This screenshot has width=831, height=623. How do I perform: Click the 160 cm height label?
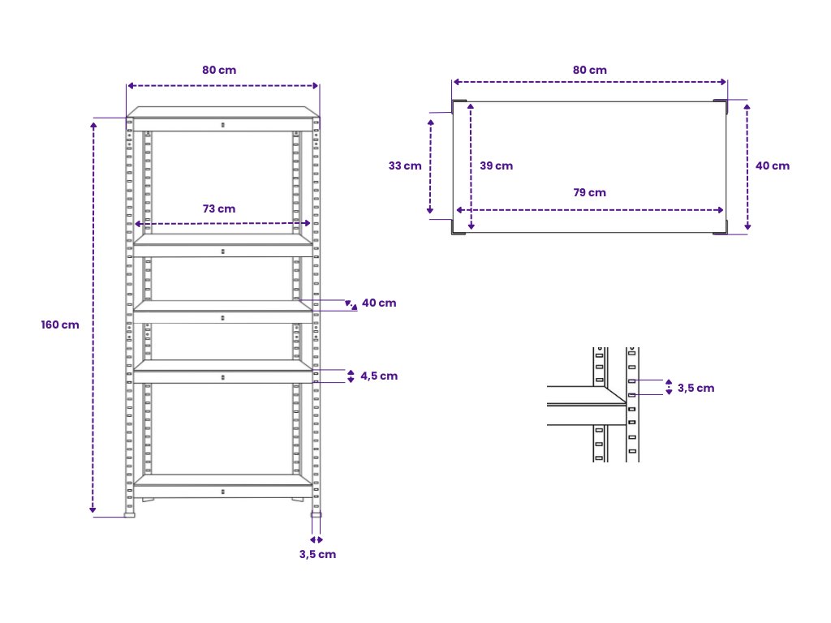60,324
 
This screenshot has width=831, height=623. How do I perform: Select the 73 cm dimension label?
219,208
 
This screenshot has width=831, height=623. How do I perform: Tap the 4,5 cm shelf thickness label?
379,376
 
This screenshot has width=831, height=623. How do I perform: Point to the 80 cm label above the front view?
219,70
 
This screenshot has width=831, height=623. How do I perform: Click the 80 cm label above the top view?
590,70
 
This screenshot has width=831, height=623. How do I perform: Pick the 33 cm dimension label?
405,165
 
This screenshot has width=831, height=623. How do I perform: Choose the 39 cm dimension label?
496,165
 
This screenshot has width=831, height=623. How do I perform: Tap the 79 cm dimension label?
590,192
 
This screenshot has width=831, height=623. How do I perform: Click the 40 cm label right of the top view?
772,165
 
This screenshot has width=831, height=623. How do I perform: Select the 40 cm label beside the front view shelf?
379,303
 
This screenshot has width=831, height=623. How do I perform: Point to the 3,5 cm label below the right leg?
317,554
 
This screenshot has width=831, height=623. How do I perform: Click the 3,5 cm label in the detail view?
695,388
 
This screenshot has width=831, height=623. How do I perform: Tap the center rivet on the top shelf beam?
223,124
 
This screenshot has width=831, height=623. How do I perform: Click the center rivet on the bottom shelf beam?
223,491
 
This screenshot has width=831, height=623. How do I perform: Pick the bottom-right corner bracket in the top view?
721,229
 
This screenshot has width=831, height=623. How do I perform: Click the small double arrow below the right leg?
316,539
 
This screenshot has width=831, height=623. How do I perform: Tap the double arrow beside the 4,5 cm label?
351,376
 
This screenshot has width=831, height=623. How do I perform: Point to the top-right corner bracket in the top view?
721,105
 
